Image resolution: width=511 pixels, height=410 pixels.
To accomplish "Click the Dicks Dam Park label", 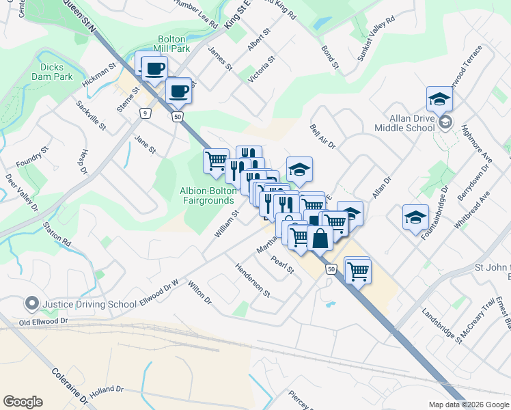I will click(52, 72).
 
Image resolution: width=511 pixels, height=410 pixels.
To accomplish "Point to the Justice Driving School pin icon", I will click(31, 303).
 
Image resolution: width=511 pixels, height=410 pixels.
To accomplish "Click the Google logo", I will click(23, 402).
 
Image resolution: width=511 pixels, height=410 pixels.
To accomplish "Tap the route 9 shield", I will click(144, 113).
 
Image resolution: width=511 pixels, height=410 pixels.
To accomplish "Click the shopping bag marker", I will click(320, 238).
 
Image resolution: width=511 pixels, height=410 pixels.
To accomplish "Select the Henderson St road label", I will click(253, 281).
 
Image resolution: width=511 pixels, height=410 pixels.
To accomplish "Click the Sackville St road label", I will click(92, 115).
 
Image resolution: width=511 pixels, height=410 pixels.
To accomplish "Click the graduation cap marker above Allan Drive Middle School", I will click(439, 99).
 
